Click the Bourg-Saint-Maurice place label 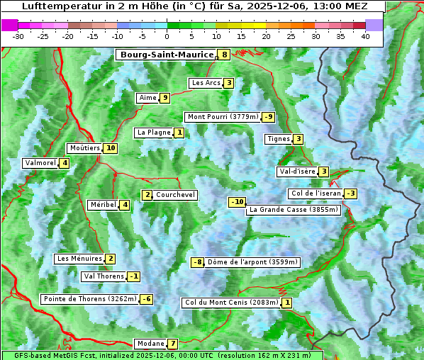click(167, 55)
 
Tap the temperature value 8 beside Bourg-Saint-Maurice click(225, 55)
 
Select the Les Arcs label click(206, 83)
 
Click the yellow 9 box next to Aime click(164, 98)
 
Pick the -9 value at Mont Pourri click(268, 117)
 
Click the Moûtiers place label click(84, 148)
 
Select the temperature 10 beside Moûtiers click(110, 148)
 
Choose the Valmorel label click(40, 163)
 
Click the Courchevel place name click(176, 195)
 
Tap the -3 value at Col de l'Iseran click(350, 193)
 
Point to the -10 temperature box click(237, 202)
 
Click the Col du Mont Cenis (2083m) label click(231, 303)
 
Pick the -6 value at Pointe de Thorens click(146, 299)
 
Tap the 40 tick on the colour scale click(365, 36)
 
